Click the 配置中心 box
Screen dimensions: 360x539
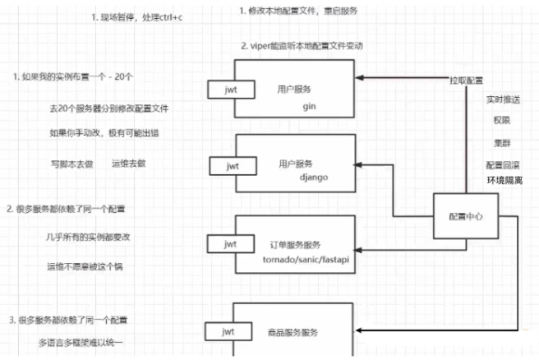[x=467, y=216]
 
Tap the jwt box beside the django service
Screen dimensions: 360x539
[x=225, y=166]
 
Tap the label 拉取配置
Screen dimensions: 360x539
[x=465, y=81]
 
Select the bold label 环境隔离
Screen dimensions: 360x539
[x=504, y=180]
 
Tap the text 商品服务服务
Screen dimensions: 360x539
[x=293, y=332]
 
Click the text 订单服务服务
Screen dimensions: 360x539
[x=293, y=245]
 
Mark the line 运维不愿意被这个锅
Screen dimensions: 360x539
[x=85, y=266]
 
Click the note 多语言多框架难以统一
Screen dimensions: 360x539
[x=87, y=339]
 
